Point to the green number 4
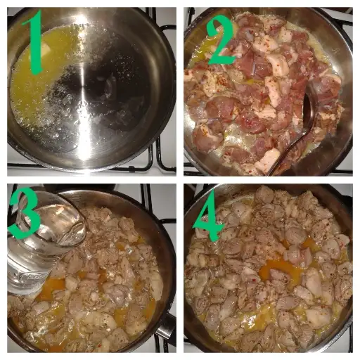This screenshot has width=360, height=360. point(209,217)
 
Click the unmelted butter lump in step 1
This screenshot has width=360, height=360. point(47,51)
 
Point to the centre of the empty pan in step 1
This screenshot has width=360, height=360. point(93,90)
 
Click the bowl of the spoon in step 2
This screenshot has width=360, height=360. point(309,107)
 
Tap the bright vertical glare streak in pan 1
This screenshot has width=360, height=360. point(85,94)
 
